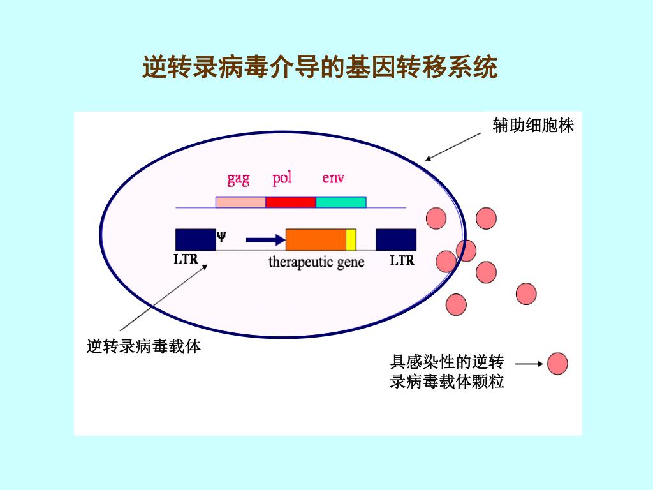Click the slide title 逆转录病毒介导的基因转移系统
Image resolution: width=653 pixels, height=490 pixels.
[319, 67]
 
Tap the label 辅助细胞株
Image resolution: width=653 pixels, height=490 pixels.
[533, 126]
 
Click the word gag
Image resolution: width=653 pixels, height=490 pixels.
[238, 179]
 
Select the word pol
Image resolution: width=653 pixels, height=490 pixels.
[282, 178]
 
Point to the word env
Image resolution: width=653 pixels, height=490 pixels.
[333, 178]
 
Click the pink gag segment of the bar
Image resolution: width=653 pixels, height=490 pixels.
[240, 202]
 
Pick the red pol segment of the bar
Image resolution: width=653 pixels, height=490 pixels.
[291, 202]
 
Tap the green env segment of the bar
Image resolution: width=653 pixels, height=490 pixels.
[341, 202]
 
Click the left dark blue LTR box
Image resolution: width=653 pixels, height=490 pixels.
[196, 239]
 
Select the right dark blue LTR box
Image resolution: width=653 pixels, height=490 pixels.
[396, 239]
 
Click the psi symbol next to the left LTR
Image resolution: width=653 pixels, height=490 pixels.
[221, 235]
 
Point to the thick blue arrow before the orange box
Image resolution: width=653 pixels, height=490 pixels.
[265, 240]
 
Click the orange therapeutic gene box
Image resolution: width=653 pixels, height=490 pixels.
[316, 239]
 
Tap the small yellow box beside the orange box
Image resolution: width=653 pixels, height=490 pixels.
[351, 239]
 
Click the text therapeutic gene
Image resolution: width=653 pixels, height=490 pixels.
[316, 262]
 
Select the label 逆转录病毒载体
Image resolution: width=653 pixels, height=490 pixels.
[143, 347]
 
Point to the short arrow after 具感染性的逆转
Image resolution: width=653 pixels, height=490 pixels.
[528, 364]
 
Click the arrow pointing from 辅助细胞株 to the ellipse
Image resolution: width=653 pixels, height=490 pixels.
[453, 147]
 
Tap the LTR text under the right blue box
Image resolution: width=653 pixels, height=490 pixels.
[402, 260]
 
